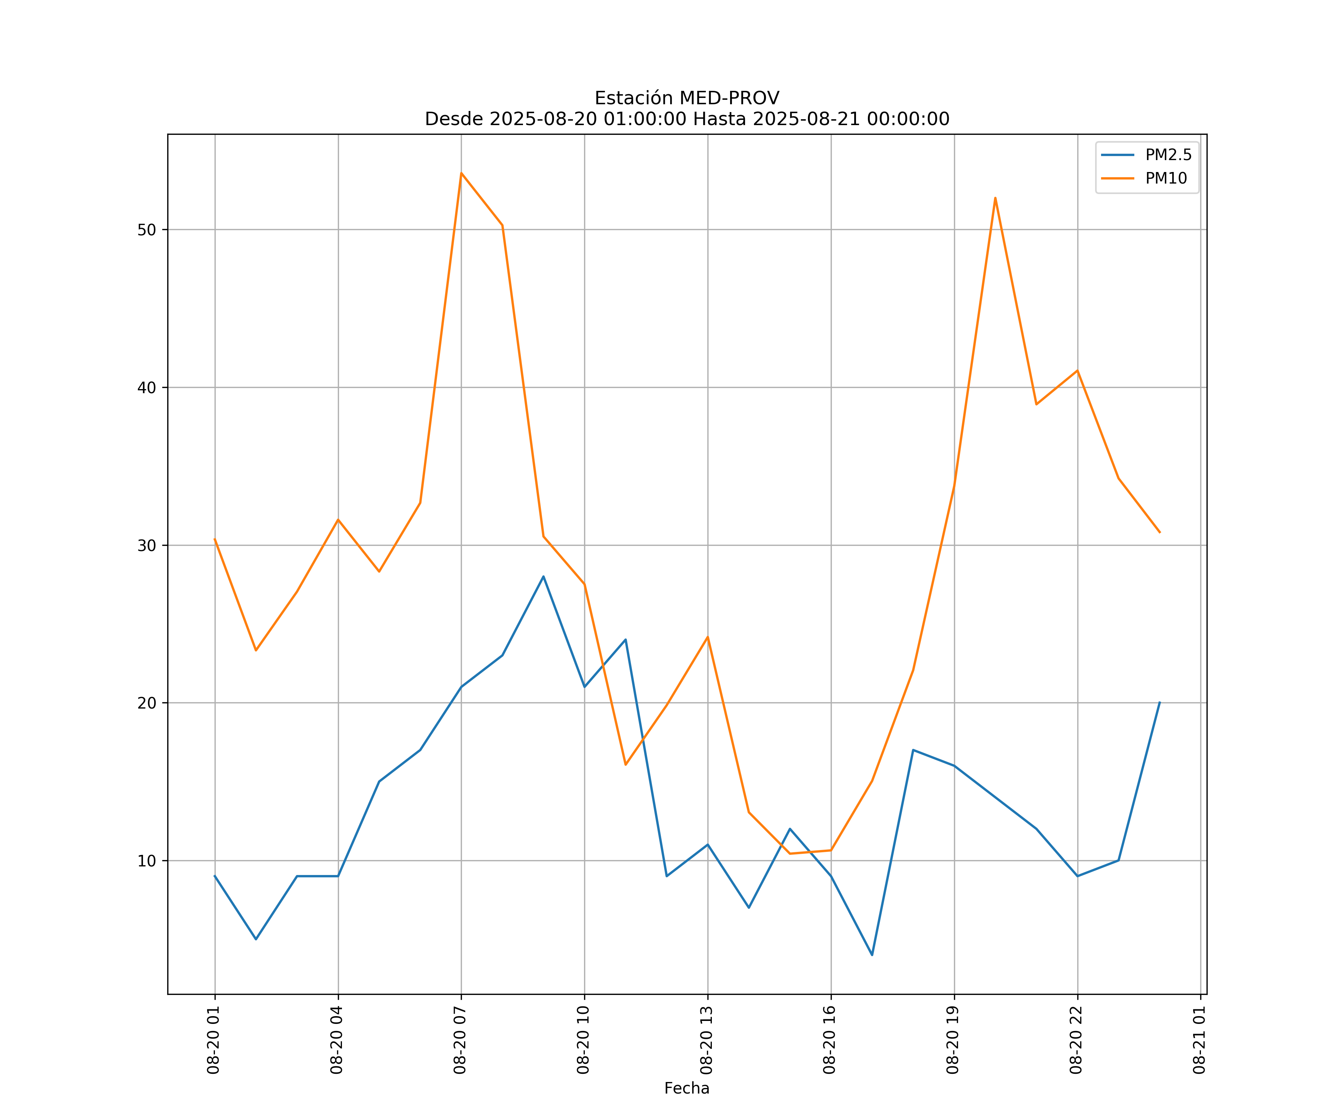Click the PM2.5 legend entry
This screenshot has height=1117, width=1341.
[x=1168, y=155]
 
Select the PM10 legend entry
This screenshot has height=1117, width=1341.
[x=1166, y=179]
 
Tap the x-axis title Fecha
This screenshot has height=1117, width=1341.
[x=687, y=1088]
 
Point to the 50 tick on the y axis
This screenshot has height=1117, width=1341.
[x=146, y=230]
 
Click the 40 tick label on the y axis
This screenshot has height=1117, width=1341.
[x=146, y=388]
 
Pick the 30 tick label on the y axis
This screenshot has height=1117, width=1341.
[x=146, y=545]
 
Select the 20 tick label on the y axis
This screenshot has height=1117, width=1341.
[x=146, y=703]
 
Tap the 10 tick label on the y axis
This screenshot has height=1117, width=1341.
[x=146, y=860]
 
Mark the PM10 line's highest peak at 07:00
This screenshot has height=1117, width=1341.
[x=461, y=173]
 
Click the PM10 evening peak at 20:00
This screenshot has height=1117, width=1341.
[x=995, y=198]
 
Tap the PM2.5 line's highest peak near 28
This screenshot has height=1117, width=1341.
[x=543, y=576]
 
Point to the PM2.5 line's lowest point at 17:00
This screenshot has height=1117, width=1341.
[x=872, y=955]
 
